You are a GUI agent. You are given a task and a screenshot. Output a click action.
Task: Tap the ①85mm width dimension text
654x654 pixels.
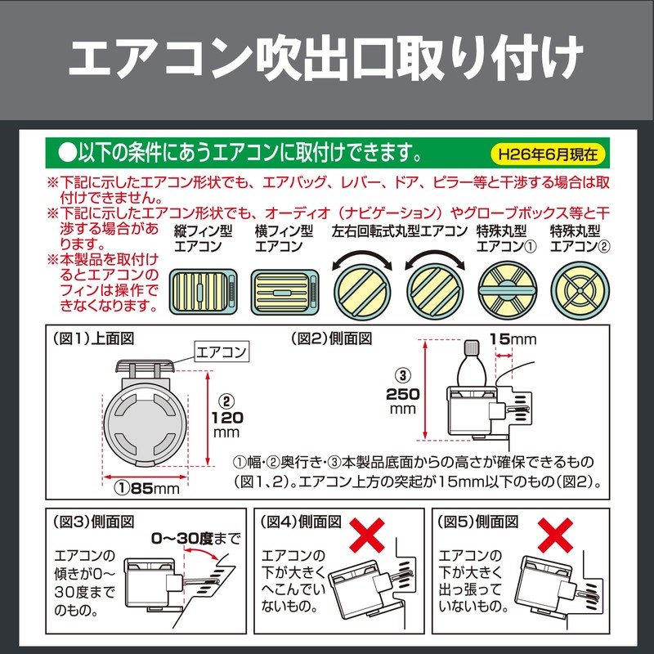tap(146, 489)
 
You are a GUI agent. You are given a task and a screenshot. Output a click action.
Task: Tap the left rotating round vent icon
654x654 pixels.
tap(361, 288)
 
